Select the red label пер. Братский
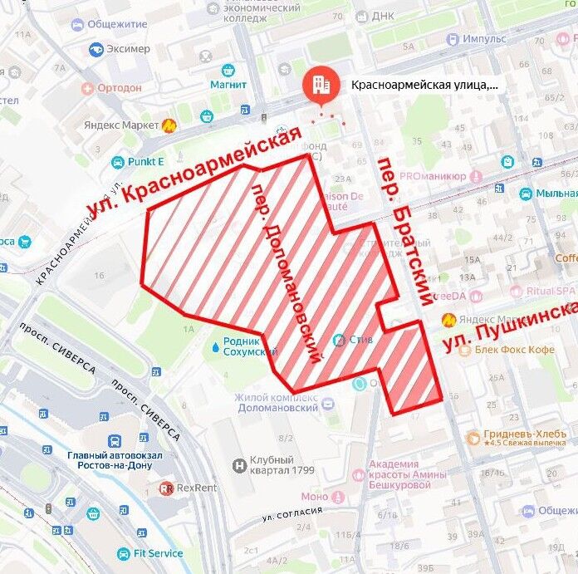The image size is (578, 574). click(x=405, y=228)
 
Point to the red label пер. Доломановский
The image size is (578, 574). click(x=286, y=270)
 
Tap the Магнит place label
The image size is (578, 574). click(x=228, y=84)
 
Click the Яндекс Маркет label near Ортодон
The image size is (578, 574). click(x=121, y=125)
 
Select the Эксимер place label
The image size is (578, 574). click(x=128, y=49)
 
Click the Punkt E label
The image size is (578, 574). click(x=145, y=162)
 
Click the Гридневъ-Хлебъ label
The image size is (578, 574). click(x=517, y=435)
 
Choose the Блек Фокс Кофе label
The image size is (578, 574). click(x=514, y=350)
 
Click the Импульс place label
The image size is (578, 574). click(x=485, y=38)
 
